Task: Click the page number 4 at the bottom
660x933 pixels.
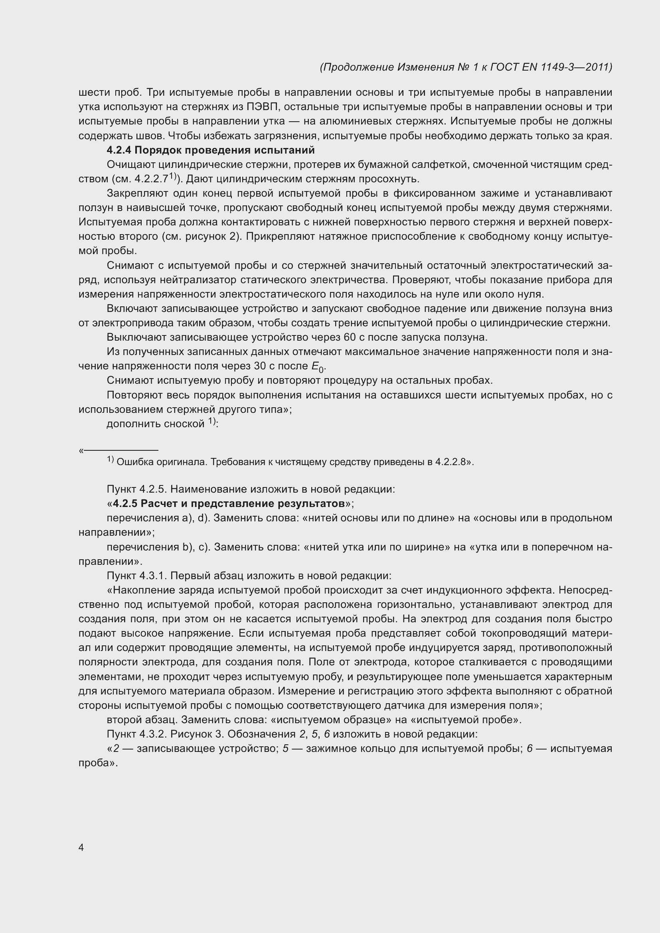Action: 81,847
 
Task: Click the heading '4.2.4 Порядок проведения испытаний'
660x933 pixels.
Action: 211,150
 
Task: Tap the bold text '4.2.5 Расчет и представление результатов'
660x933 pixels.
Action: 229,503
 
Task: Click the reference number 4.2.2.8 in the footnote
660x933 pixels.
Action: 450,462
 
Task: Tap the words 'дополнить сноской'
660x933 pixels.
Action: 155,424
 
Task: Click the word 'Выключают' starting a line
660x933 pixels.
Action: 136,337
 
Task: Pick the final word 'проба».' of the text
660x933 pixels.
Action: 98,763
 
